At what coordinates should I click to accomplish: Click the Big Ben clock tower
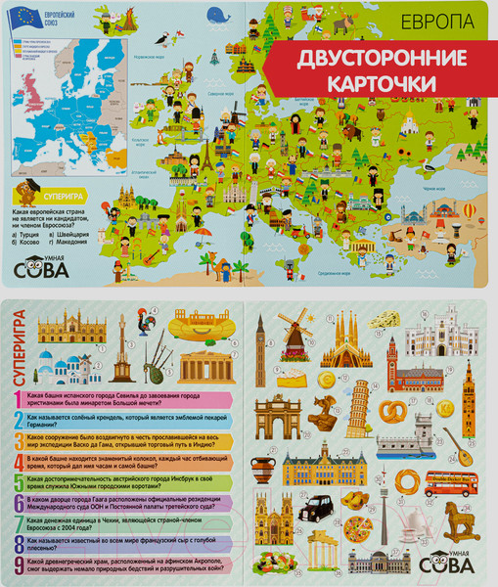pyautogui.click(x=260, y=341)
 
